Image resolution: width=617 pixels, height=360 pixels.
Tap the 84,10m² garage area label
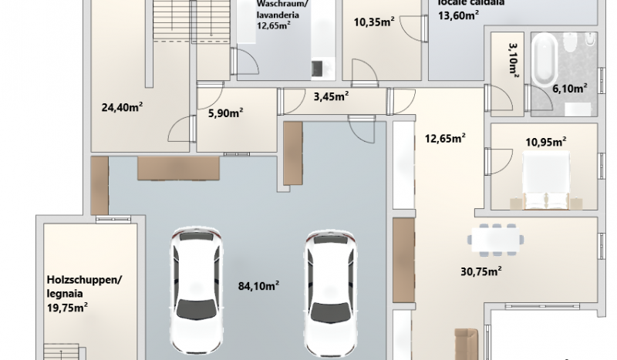tap(258, 286)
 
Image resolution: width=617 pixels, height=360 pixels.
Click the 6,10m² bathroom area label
tap(570, 89)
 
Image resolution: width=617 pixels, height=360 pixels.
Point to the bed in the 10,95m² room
tap(546, 180)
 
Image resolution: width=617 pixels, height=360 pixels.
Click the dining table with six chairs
tap(496, 240)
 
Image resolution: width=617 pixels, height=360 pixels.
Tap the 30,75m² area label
tap(480, 271)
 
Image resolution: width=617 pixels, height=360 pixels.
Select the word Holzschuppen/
tap(85, 280)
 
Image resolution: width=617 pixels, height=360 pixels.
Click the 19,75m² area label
tap(67, 308)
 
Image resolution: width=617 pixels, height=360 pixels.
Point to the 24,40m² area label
tap(122, 107)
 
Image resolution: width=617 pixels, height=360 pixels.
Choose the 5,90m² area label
tap(225, 113)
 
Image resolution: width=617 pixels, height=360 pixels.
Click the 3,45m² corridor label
tap(331, 96)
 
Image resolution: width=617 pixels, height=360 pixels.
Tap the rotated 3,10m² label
tap(514, 59)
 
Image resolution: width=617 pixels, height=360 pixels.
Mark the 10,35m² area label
tap(374, 22)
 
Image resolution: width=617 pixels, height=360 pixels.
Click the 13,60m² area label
tap(458, 15)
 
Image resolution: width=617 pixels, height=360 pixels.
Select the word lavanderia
tap(278, 15)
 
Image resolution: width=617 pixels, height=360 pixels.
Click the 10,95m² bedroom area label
tap(546, 142)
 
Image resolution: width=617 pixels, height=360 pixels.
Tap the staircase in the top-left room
tap(191, 20)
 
